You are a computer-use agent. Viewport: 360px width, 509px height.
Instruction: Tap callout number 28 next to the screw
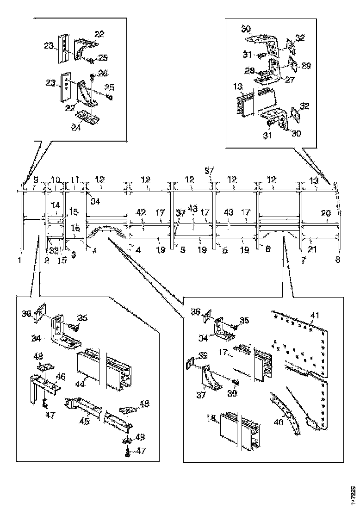(x=250, y=70)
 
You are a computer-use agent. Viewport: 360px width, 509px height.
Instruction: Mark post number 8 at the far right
(x=338, y=260)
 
